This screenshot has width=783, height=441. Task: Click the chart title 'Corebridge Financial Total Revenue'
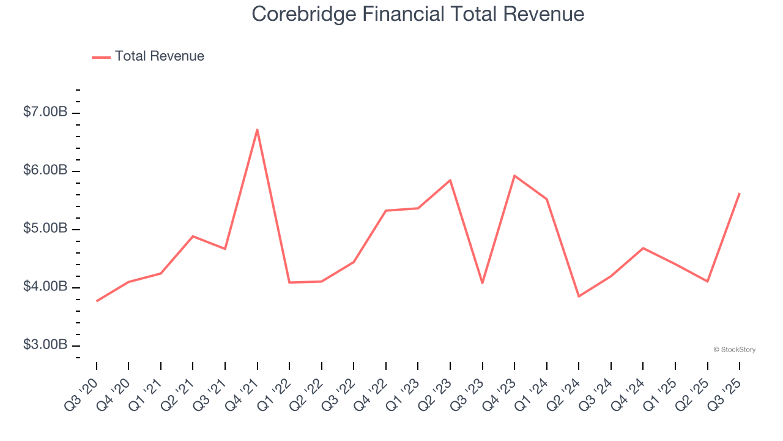pyautogui.click(x=418, y=14)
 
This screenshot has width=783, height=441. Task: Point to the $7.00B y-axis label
pyautogui.click(x=45, y=112)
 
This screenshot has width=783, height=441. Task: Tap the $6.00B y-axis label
pyautogui.click(x=45, y=170)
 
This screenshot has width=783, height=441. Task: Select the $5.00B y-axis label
pyautogui.click(x=45, y=228)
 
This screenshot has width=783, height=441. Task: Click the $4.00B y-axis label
pyautogui.click(x=45, y=287)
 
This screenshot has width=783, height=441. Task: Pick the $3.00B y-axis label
pyautogui.click(x=45, y=345)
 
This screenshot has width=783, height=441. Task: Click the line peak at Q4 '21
pyautogui.click(x=258, y=129)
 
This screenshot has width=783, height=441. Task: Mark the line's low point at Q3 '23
pyautogui.click(x=483, y=283)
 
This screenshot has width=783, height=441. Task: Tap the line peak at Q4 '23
pyautogui.click(x=514, y=176)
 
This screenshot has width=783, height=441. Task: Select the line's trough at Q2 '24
pyautogui.click(x=579, y=296)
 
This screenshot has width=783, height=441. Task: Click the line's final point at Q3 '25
pyautogui.click(x=740, y=194)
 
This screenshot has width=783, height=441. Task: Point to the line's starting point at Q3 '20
pyautogui.click(x=97, y=301)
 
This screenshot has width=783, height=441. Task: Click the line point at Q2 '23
pyautogui.click(x=450, y=180)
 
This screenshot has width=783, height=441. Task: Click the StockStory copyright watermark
pyautogui.click(x=734, y=350)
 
